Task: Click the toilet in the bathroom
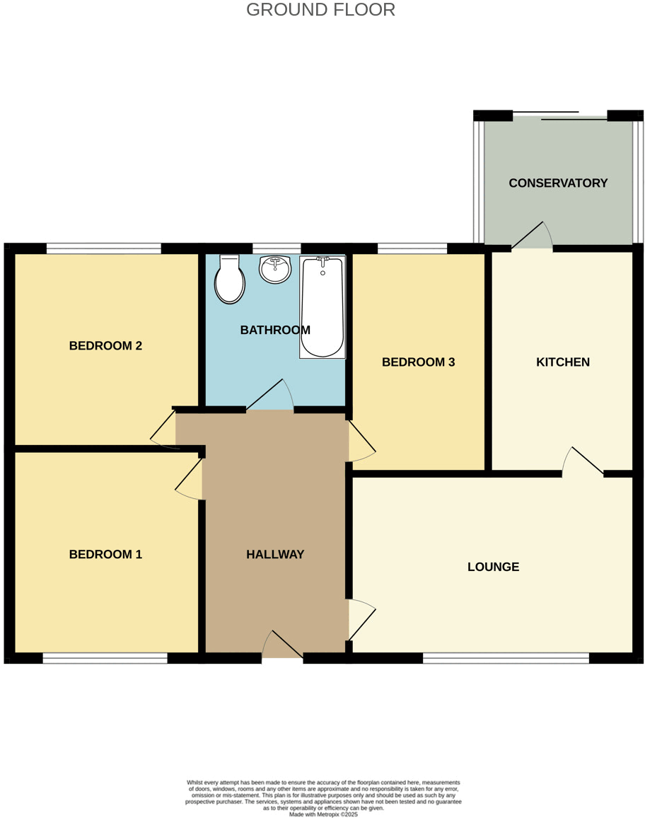tap(230, 280)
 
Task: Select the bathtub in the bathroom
tap(322, 308)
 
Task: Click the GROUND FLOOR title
tap(320, 10)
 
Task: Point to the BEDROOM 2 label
tap(105, 346)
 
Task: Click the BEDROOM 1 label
tap(105, 555)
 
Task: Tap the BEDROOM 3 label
tap(418, 362)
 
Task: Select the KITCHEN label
tap(563, 362)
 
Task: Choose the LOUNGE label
tap(493, 567)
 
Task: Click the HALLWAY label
tap(275, 555)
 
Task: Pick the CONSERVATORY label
tap(558, 183)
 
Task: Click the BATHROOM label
tap(275, 330)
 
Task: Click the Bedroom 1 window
tap(105, 658)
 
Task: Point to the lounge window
tap(506, 658)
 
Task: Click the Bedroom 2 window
tap(104, 248)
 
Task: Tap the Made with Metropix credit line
tap(323, 814)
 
